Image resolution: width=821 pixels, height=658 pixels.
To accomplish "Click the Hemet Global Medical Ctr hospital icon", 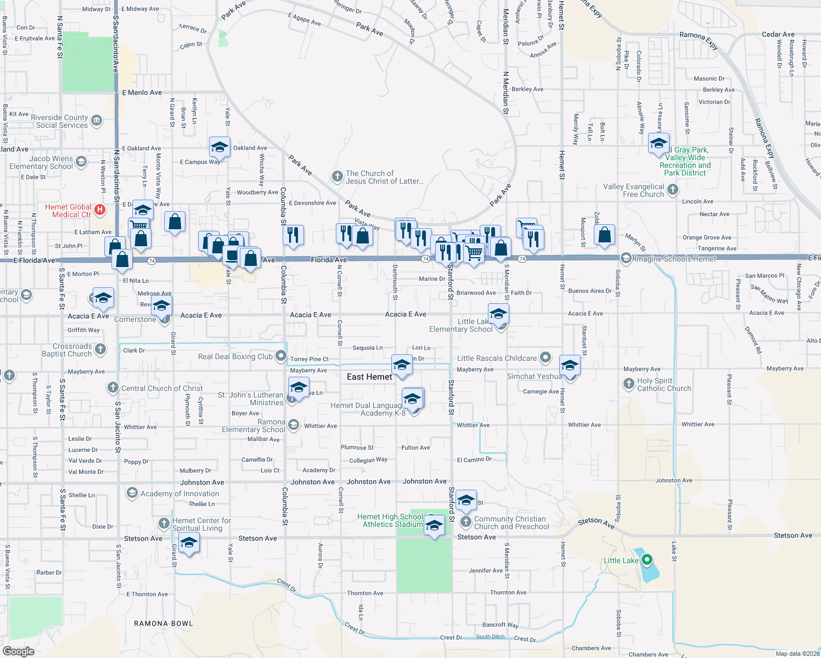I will click(x=100, y=209).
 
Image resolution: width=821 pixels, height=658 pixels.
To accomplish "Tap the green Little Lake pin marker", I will click(x=647, y=560).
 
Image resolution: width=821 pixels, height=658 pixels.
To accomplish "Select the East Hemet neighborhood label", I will click(x=369, y=377).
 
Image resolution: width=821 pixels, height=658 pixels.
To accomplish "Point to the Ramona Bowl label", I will click(x=164, y=623).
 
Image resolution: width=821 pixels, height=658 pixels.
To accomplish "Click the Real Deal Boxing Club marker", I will click(x=281, y=356).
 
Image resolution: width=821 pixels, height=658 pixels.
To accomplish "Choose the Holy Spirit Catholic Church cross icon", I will click(x=628, y=384).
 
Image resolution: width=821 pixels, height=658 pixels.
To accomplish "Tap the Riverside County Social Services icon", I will click(x=97, y=121).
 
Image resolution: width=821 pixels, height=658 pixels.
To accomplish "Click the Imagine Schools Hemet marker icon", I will click(x=626, y=258).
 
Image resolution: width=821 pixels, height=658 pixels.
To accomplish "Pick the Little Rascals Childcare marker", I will click(x=545, y=358).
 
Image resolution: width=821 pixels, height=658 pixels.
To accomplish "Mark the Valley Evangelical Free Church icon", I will click(x=673, y=190).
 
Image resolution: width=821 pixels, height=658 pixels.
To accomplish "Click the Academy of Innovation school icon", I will click(x=132, y=493).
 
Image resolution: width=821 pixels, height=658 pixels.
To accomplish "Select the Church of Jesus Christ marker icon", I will click(x=338, y=177).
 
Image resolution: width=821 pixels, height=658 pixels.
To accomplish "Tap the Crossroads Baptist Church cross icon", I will click(x=100, y=349).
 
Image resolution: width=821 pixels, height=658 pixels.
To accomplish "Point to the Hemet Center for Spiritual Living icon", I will click(x=164, y=523).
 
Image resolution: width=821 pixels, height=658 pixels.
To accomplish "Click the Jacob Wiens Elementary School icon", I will click(x=81, y=162).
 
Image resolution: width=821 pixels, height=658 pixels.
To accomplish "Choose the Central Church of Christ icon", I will click(x=113, y=388).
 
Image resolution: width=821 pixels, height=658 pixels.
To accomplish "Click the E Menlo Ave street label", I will click(x=142, y=93).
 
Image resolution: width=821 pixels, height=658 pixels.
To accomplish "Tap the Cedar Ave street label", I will click(x=778, y=35).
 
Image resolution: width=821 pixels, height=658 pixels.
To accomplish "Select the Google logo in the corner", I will click(x=19, y=651).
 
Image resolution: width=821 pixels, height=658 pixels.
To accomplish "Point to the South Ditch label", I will click(x=490, y=637).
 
